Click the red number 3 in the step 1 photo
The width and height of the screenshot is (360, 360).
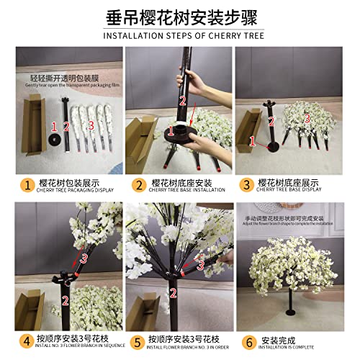coord(92,125)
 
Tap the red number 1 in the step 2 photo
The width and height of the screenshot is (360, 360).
coord(171,130)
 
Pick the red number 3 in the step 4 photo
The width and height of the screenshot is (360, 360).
coord(84,256)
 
